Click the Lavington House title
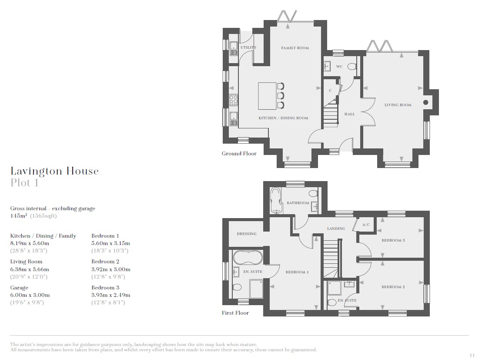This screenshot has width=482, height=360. tap(54, 171)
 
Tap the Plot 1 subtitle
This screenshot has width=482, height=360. tap(25, 183)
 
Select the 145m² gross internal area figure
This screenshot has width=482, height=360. tap(19, 215)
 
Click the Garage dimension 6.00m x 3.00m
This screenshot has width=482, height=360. tap(30, 295)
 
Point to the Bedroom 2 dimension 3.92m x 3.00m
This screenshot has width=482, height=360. tap(111, 269)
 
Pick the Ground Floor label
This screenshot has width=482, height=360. tap(239, 154)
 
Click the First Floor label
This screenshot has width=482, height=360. tap(235, 313)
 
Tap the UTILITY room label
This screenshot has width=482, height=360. tap(248, 47)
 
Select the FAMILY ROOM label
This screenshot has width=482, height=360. tap(295, 48)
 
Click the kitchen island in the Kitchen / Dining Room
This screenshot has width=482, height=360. tap(268, 96)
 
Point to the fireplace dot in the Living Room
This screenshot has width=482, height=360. tap(426, 102)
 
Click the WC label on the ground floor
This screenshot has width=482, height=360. tap(339, 67)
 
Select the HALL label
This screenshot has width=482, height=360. tap(349, 114)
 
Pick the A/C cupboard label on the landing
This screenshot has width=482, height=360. tap(366, 225)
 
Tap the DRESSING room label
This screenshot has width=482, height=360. tap(247, 234)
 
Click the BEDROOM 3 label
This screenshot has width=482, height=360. tap(393, 240)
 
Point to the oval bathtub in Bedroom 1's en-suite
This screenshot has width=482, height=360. tap(248, 258)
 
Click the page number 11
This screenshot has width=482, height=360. tap(472, 355)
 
